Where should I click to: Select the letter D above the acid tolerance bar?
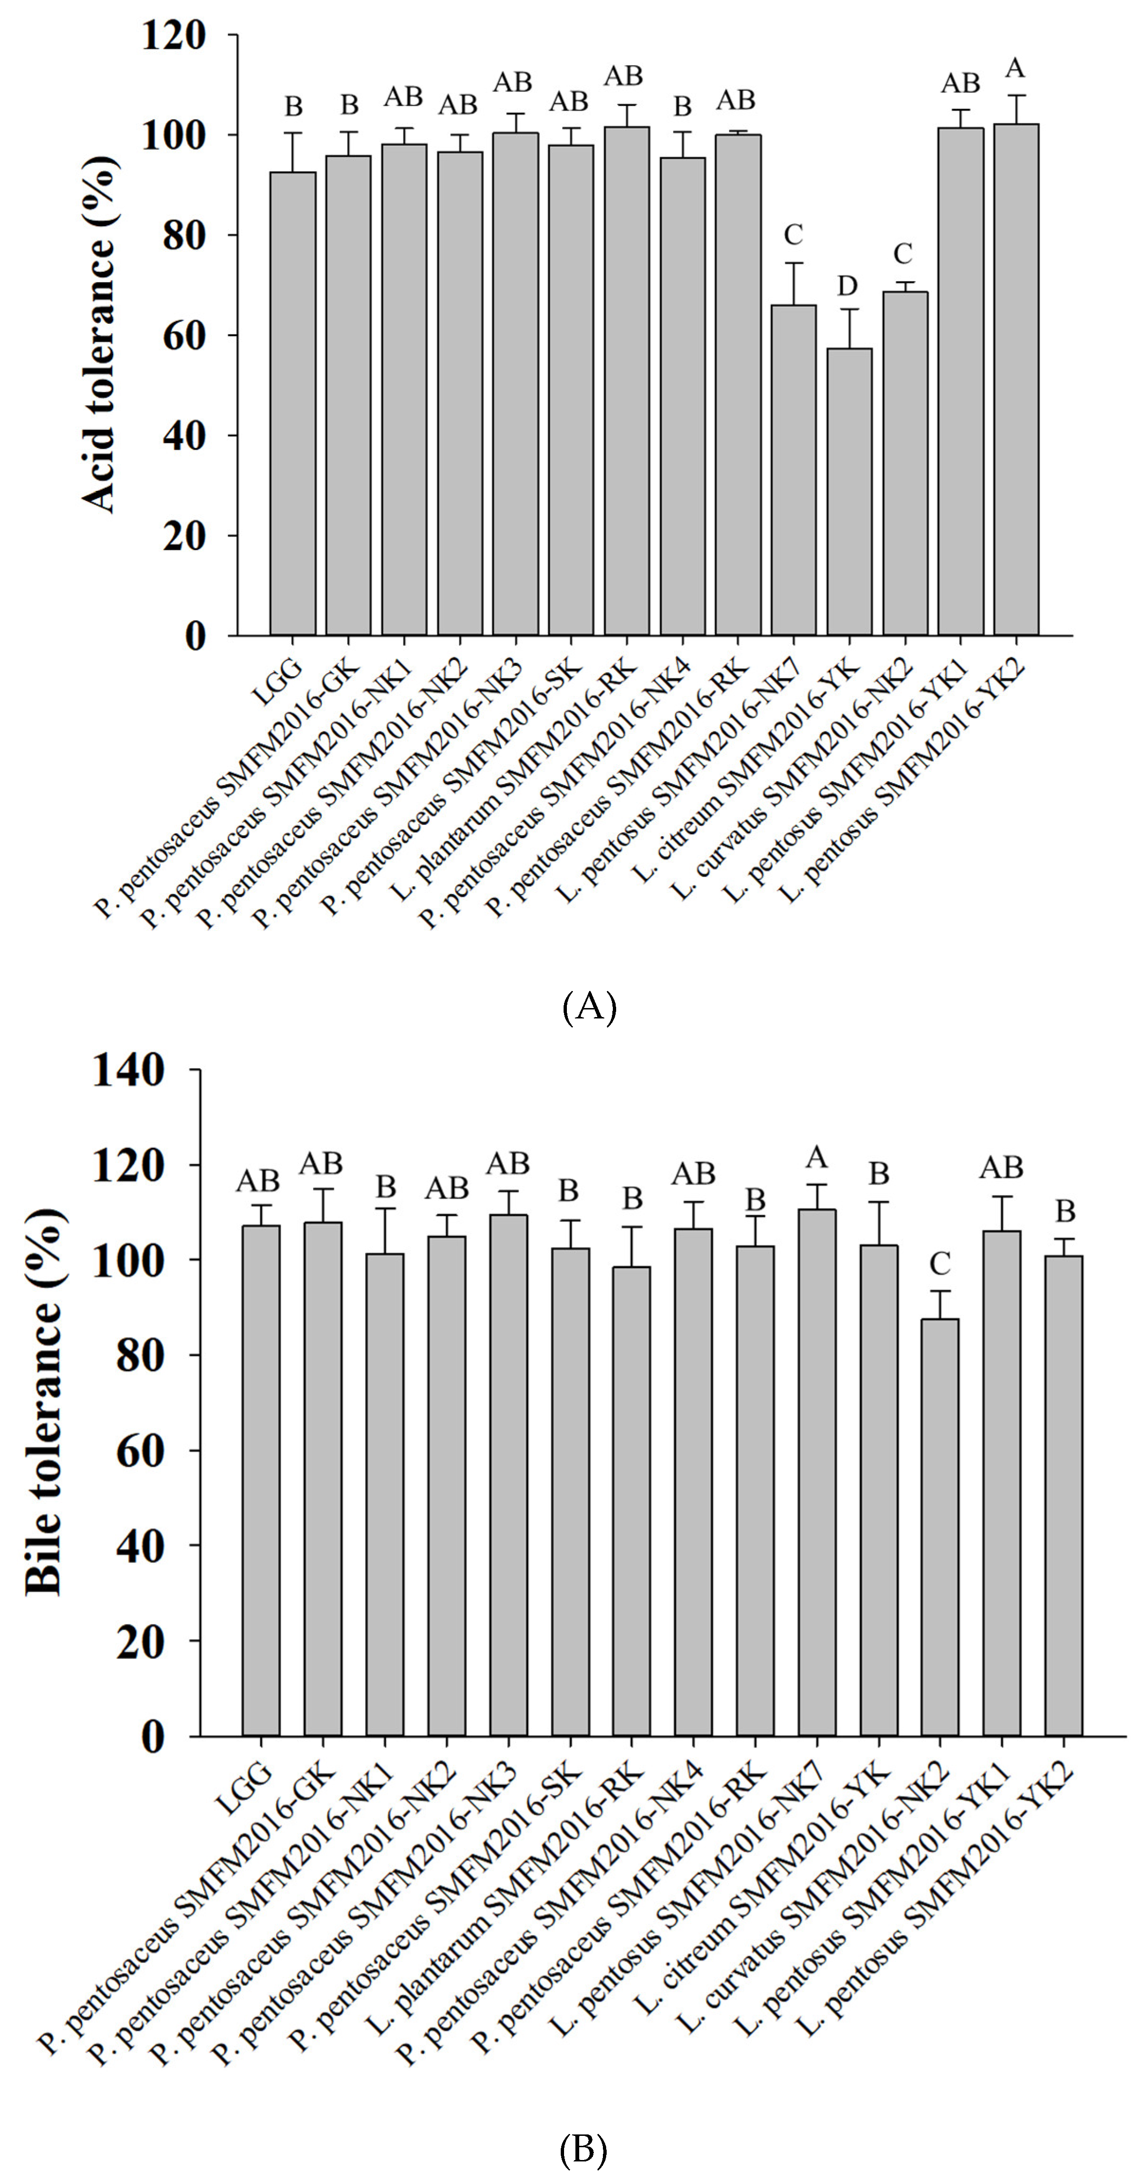[x=847, y=286]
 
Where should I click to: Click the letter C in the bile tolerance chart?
[x=940, y=1264]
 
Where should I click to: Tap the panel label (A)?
[x=589, y=1007]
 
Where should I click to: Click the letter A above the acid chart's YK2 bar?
[x=1015, y=68]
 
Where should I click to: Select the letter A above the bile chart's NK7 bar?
[x=817, y=1157]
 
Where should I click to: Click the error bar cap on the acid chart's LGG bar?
[x=293, y=133]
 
